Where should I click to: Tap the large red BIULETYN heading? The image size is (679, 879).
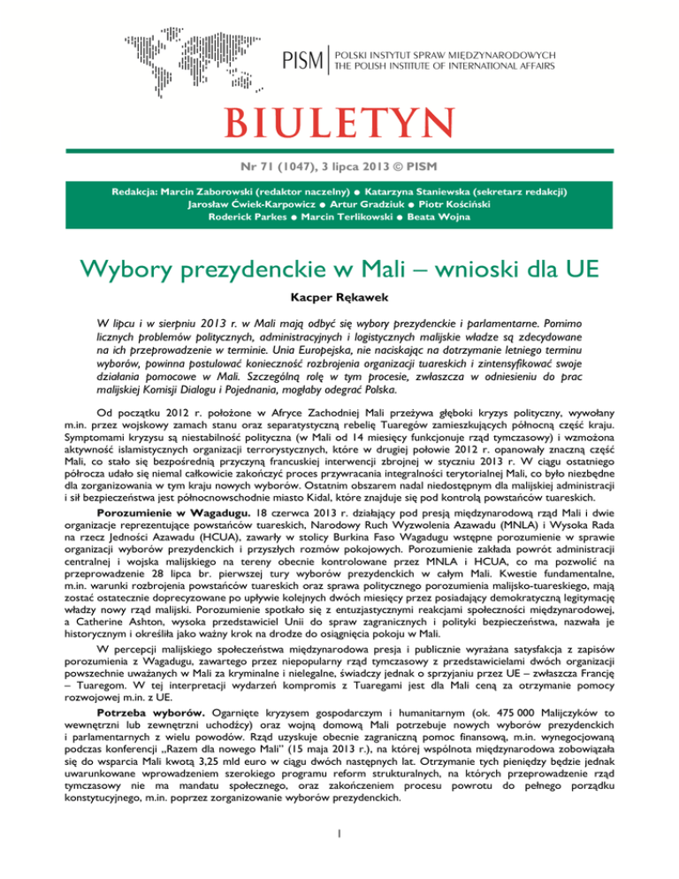(339, 118)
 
